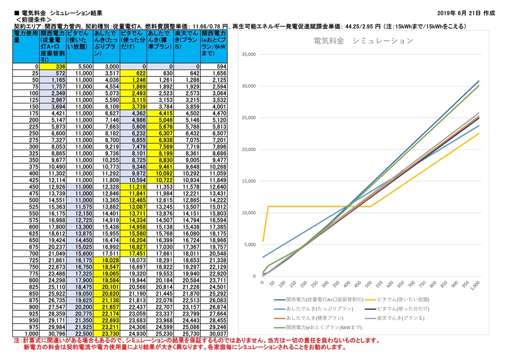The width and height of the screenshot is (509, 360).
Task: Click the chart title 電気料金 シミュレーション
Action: (x=363, y=41)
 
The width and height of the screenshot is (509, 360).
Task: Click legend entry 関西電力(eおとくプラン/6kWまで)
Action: (x=321, y=327)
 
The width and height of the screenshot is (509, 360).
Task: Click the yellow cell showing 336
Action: (x=53, y=66)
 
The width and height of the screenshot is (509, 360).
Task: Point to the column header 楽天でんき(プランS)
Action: (x=187, y=39)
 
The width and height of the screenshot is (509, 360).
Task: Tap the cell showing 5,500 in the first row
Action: (x=80, y=66)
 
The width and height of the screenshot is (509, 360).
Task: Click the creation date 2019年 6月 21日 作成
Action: (x=467, y=12)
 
